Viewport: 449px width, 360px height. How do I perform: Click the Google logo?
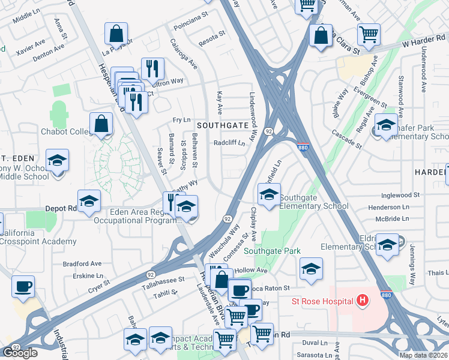pyautogui.click(x=20, y=353)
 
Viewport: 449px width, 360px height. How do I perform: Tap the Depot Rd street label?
pyautogui.click(x=59, y=208)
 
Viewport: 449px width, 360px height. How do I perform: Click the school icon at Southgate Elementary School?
pyautogui.click(x=269, y=194)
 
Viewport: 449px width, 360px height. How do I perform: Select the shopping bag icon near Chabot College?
pyautogui.click(x=102, y=124)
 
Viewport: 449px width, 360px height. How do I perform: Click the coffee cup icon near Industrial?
pyautogui.click(x=23, y=286)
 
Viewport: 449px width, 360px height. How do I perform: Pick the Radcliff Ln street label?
pyautogui.click(x=230, y=143)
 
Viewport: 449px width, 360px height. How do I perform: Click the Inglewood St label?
pyautogui.click(x=401, y=195)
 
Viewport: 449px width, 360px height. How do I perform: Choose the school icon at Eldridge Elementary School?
pyautogui.click(x=387, y=245)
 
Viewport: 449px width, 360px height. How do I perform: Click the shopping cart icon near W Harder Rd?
pyautogui.click(x=368, y=34)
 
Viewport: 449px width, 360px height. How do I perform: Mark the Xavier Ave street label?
pyautogui.click(x=31, y=47)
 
